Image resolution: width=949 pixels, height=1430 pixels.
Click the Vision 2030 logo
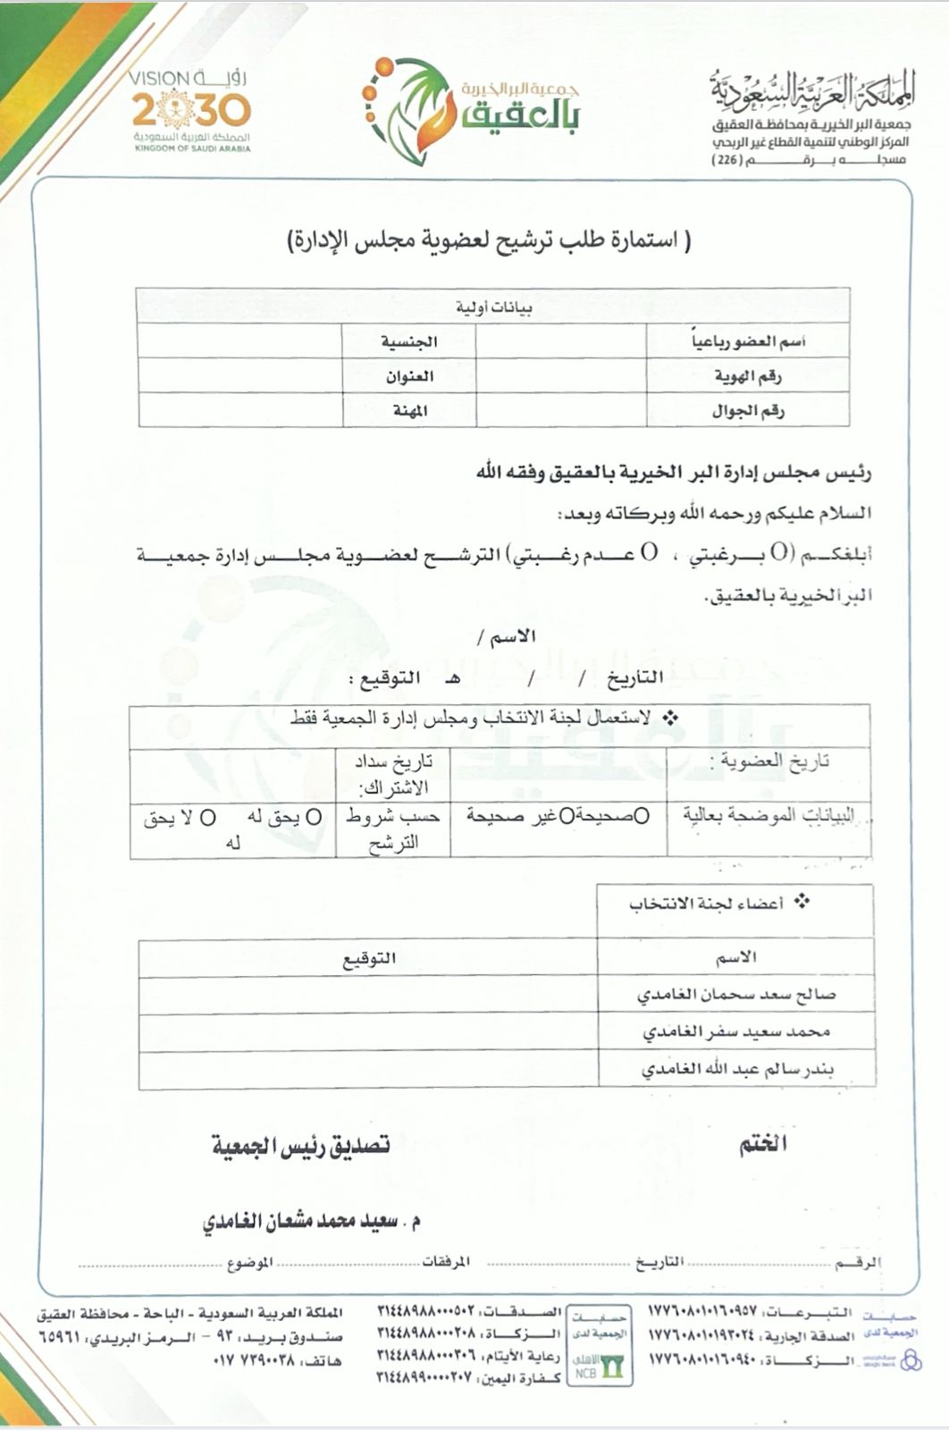click(x=192, y=112)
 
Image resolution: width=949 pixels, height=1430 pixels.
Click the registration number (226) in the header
click(x=731, y=160)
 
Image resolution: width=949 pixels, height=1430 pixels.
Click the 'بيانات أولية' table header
click(x=493, y=307)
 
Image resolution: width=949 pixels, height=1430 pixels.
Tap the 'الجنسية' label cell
click(x=409, y=342)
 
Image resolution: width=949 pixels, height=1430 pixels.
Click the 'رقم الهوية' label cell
click(x=747, y=376)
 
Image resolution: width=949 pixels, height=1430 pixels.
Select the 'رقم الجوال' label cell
click(x=747, y=411)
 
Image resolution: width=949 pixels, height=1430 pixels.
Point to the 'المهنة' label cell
click(x=409, y=411)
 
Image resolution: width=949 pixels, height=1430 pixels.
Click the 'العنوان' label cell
click(x=409, y=376)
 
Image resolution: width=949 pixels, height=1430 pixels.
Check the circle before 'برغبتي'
click(x=779, y=553)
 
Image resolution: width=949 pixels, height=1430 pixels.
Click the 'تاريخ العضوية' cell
click(x=768, y=761)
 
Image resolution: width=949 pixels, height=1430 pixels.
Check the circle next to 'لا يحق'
click(x=207, y=818)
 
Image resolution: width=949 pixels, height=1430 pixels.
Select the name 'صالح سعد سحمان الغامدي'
click(x=735, y=995)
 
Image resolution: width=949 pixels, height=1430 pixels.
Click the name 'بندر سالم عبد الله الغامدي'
click(x=737, y=1070)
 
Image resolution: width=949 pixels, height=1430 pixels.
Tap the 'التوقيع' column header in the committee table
click(x=369, y=958)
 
